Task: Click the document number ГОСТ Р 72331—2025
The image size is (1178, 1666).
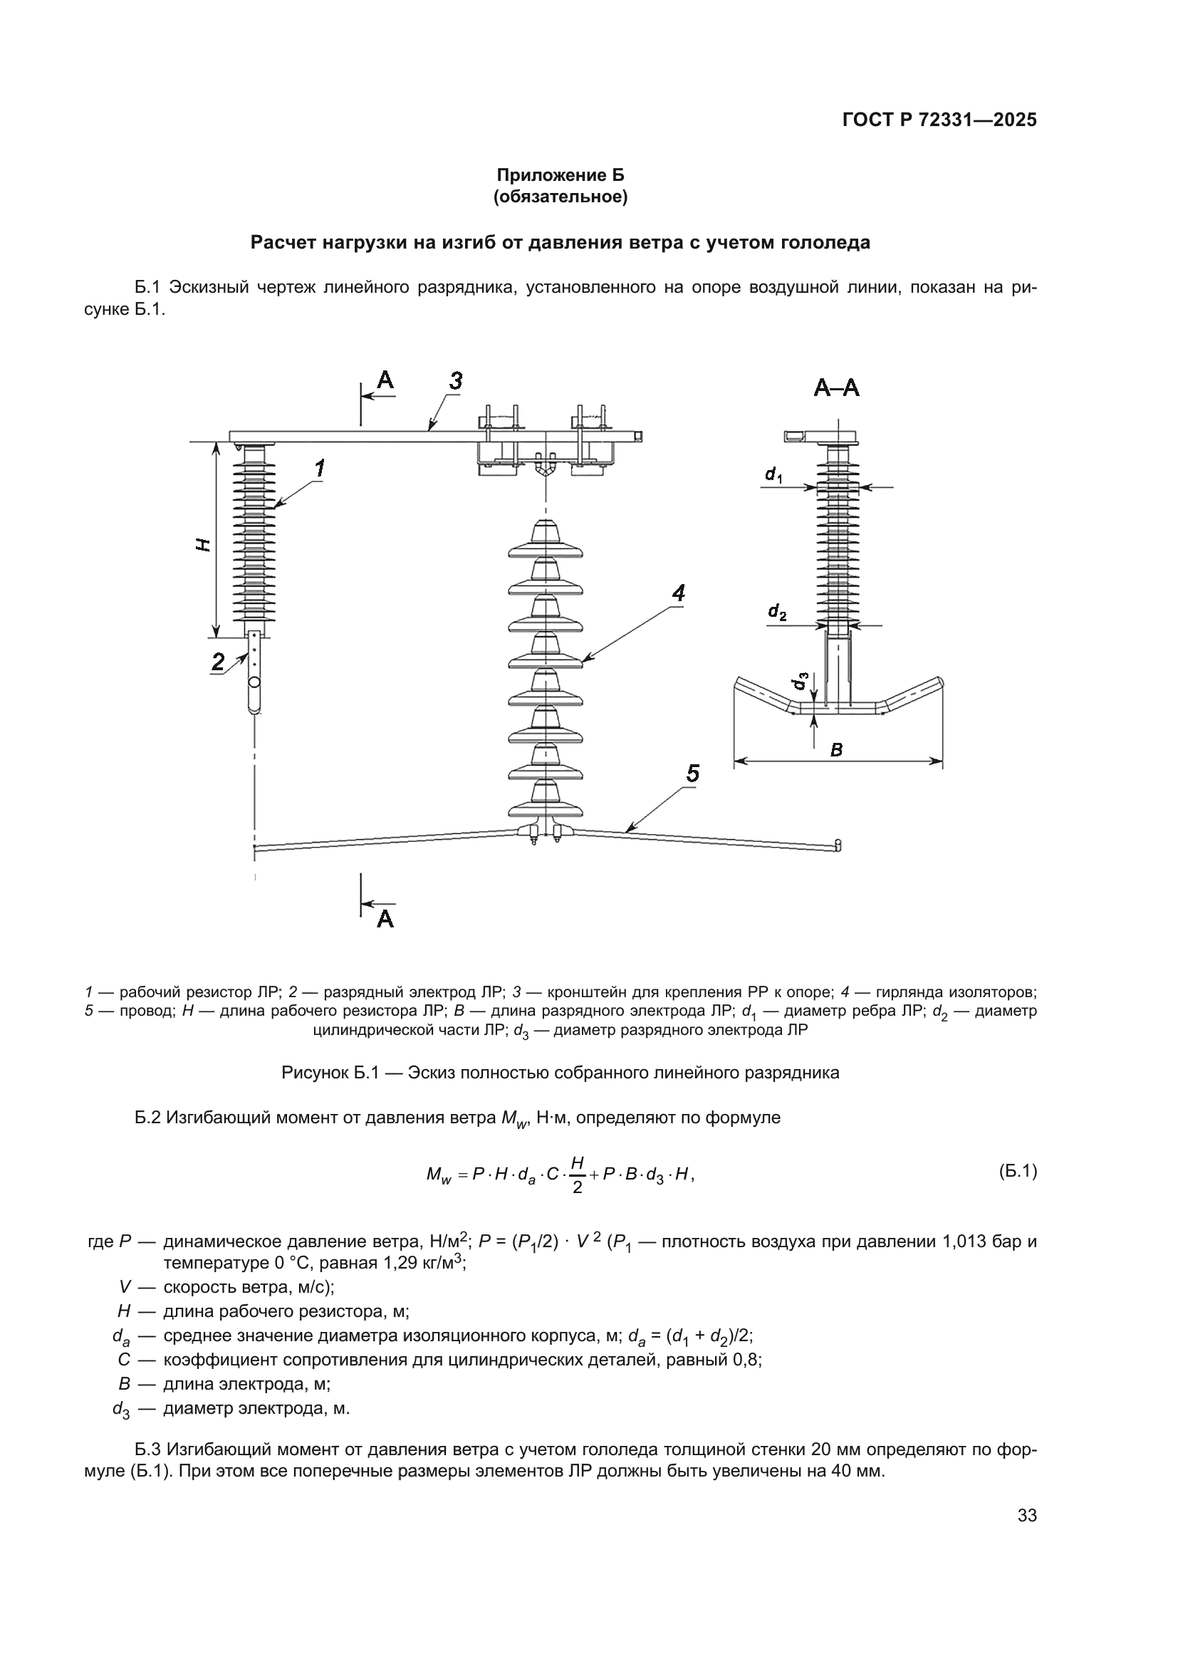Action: point(939,120)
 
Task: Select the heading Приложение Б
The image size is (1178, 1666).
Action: point(560,175)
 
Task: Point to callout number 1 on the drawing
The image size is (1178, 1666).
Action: point(319,469)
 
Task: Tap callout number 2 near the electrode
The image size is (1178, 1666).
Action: point(218,661)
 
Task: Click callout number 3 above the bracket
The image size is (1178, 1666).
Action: point(456,381)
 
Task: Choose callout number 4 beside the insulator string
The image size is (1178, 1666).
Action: point(678,593)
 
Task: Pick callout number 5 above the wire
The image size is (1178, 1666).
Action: point(693,774)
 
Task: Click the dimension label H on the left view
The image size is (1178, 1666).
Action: point(205,544)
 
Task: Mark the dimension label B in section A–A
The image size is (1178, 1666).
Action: point(836,750)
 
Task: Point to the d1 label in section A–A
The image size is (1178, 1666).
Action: point(773,475)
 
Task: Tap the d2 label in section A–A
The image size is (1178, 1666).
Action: point(777,613)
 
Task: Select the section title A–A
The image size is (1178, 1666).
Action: point(836,389)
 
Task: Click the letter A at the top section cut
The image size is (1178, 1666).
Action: point(385,380)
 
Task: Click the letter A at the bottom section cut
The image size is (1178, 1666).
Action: point(385,920)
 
